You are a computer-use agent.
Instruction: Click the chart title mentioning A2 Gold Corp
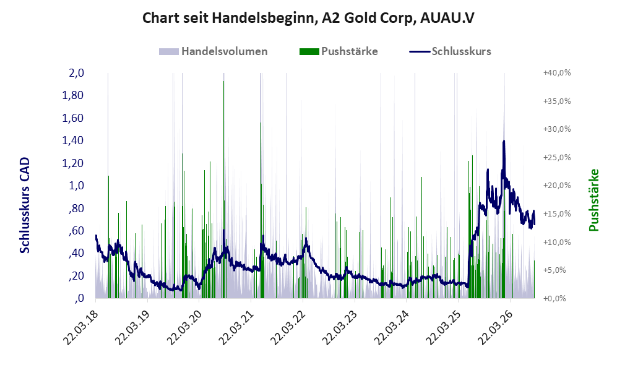click(x=308, y=18)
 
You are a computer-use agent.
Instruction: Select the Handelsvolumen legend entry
click(x=214, y=51)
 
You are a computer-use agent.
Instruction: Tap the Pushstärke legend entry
click(x=339, y=51)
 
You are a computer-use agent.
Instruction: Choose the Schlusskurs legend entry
click(x=450, y=51)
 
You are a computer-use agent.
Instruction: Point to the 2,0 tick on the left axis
click(x=77, y=73)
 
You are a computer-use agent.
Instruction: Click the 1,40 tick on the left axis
click(x=73, y=140)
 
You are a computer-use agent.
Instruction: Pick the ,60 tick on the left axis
click(x=76, y=231)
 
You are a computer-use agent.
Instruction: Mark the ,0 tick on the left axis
click(x=79, y=298)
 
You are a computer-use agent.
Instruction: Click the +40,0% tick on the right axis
click(x=557, y=73)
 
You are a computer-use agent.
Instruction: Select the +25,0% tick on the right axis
click(x=557, y=157)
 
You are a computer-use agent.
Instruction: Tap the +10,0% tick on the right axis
click(x=557, y=242)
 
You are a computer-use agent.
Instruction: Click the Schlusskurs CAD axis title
click(x=25, y=205)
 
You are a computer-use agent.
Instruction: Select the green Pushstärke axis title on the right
click(x=593, y=200)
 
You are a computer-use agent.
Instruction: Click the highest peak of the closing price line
click(x=504, y=141)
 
